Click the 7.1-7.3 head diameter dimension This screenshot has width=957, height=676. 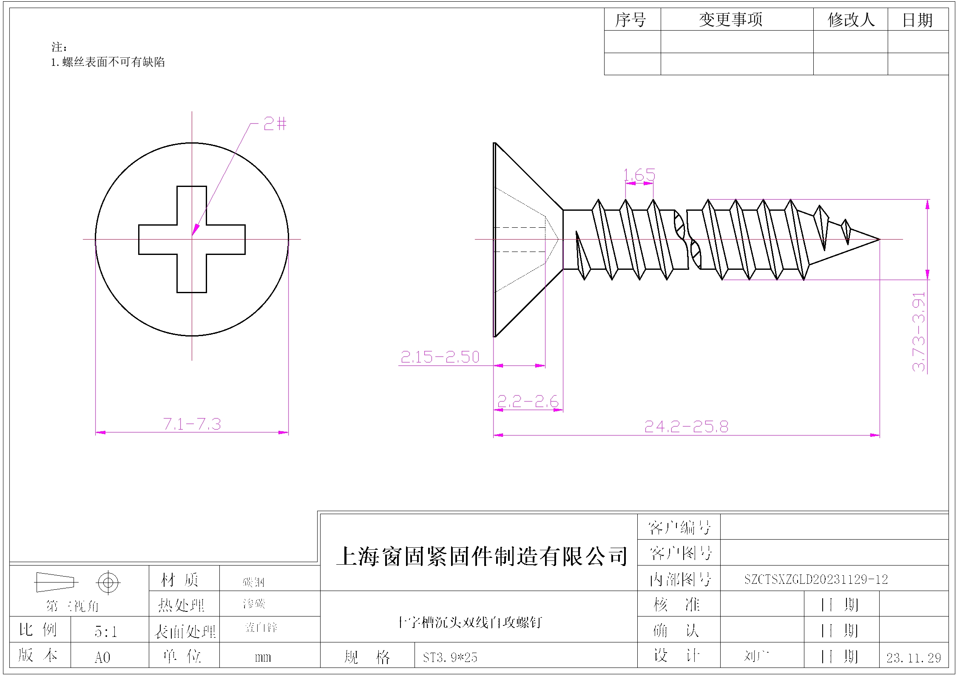[192, 424]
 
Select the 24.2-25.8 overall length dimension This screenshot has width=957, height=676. [686, 427]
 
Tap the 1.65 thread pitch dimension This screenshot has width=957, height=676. [639, 175]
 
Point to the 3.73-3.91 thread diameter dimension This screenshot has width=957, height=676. [919, 331]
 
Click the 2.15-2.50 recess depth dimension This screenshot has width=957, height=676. [440, 357]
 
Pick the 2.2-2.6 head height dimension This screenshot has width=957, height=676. [528, 402]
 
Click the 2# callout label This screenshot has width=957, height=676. [275, 124]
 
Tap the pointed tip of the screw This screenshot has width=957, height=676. [878, 240]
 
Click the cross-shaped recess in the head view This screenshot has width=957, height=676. [192, 240]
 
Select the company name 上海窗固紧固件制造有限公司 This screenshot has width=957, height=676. [482, 556]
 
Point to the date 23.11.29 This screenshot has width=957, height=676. [914, 658]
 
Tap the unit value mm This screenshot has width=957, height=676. [263, 657]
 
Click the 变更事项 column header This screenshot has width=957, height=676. [731, 20]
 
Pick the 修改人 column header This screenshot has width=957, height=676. [851, 20]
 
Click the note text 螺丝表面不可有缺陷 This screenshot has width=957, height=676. [113, 62]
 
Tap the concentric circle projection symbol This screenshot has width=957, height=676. [108, 582]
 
